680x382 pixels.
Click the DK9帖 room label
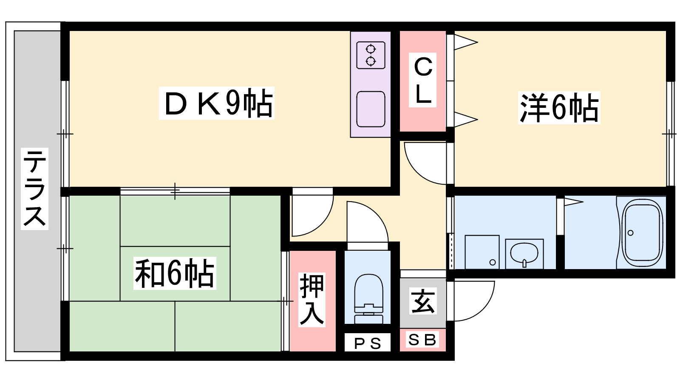[217, 103]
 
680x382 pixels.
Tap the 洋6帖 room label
[559, 108]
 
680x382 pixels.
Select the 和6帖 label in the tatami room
[175, 273]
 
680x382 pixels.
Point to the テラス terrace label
[34, 189]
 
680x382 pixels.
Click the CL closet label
[423, 80]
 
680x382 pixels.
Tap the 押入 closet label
[312, 300]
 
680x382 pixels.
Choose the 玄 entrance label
[423, 301]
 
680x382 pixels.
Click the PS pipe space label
[368, 343]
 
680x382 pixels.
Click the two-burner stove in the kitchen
[371, 55]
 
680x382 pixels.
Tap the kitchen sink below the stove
[371, 109]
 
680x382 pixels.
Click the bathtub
[642, 233]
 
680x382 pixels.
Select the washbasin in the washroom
[524, 254]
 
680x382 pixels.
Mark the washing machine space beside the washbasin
[482, 252]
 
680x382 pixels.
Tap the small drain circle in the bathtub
[631, 233]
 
